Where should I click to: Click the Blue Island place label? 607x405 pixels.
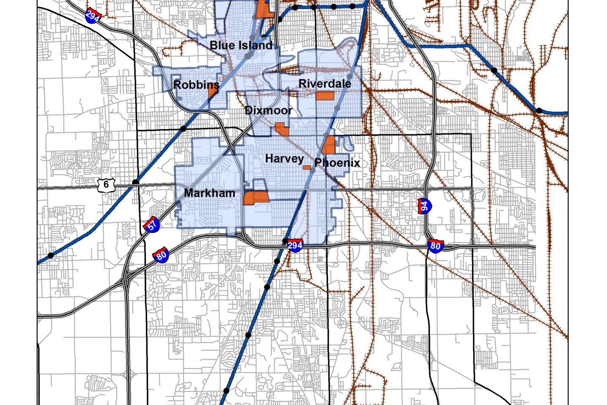(x=241, y=45)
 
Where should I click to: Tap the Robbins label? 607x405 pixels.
(x=196, y=85)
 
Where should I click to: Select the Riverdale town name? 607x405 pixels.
(x=325, y=84)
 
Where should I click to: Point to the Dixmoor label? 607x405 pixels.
(x=268, y=111)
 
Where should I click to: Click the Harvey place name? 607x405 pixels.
(x=284, y=159)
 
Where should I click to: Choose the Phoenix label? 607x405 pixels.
(x=337, y=162)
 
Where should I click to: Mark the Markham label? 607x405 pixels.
(x=209, y=193)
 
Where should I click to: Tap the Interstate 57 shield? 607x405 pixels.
(x=152, y=224)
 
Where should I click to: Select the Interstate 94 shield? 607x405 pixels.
(x=424, y=206)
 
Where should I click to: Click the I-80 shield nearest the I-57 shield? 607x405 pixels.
(x=161, y=255)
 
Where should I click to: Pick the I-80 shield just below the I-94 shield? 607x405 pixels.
(x=435, y=246)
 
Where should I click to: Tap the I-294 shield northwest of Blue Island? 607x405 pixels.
(x=92, y=16)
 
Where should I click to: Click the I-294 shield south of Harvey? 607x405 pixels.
(x=295, y=245)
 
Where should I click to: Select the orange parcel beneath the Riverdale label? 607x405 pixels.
(x=325, y=96)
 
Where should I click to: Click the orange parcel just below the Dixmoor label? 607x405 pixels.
(x=282, y=128)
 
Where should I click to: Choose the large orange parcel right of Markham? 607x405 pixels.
(x=256, y=197)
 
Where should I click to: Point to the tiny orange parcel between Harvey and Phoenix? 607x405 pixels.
(x=307, y=167)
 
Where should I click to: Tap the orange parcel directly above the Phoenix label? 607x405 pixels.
(x=328, y=145)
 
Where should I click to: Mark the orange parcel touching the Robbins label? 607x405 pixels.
(x=213, y=92)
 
